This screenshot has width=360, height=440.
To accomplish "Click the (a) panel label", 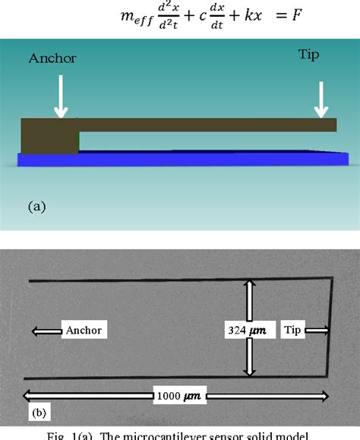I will [36, 205].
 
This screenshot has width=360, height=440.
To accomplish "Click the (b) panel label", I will [38, 414].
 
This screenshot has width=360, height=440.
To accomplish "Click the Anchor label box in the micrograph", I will [83, 330].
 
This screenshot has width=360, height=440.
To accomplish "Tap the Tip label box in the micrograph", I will [293, 330].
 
